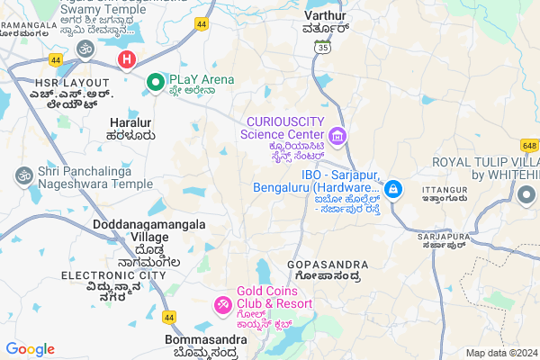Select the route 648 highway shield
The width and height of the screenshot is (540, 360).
click(528, 144)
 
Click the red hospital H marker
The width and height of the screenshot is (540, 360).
click(127, 60)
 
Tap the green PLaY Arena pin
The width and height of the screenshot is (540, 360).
click(155, 82)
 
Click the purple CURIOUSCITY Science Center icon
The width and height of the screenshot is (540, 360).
click(337, 137)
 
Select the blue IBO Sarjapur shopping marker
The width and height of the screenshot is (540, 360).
click(393, 189)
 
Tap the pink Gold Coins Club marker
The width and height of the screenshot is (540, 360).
click(221, 305)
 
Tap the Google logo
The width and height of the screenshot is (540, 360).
click(30, 349)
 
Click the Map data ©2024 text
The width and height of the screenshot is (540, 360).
click(500, 352)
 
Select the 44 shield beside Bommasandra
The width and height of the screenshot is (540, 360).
click(168, 317)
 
